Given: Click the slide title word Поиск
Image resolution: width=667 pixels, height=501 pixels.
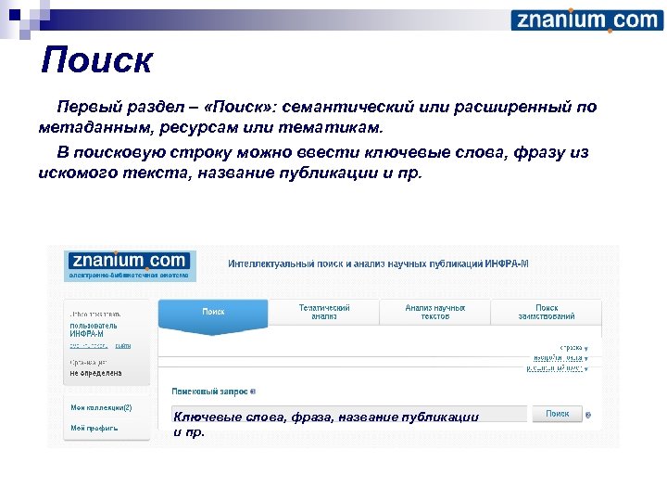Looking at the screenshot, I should [x=96, y=62].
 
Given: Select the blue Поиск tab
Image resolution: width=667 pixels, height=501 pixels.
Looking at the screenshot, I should [x=213, y=312].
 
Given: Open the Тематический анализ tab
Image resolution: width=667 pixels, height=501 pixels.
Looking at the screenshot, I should [x=324, y=312].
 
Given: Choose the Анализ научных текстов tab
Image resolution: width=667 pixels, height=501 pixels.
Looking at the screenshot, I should [x=434, y=312].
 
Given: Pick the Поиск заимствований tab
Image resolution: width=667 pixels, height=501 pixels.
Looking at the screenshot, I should [x=547, y=312].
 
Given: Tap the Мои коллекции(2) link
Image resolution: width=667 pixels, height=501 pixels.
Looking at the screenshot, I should [x=101, y=407].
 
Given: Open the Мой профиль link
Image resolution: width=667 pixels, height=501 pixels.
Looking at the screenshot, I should [x=94, y=428].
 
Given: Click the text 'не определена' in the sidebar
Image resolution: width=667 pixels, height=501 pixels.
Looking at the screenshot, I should [x=95, y=373].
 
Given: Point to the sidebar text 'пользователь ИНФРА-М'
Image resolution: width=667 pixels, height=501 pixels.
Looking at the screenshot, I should [x=93, y=329].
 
